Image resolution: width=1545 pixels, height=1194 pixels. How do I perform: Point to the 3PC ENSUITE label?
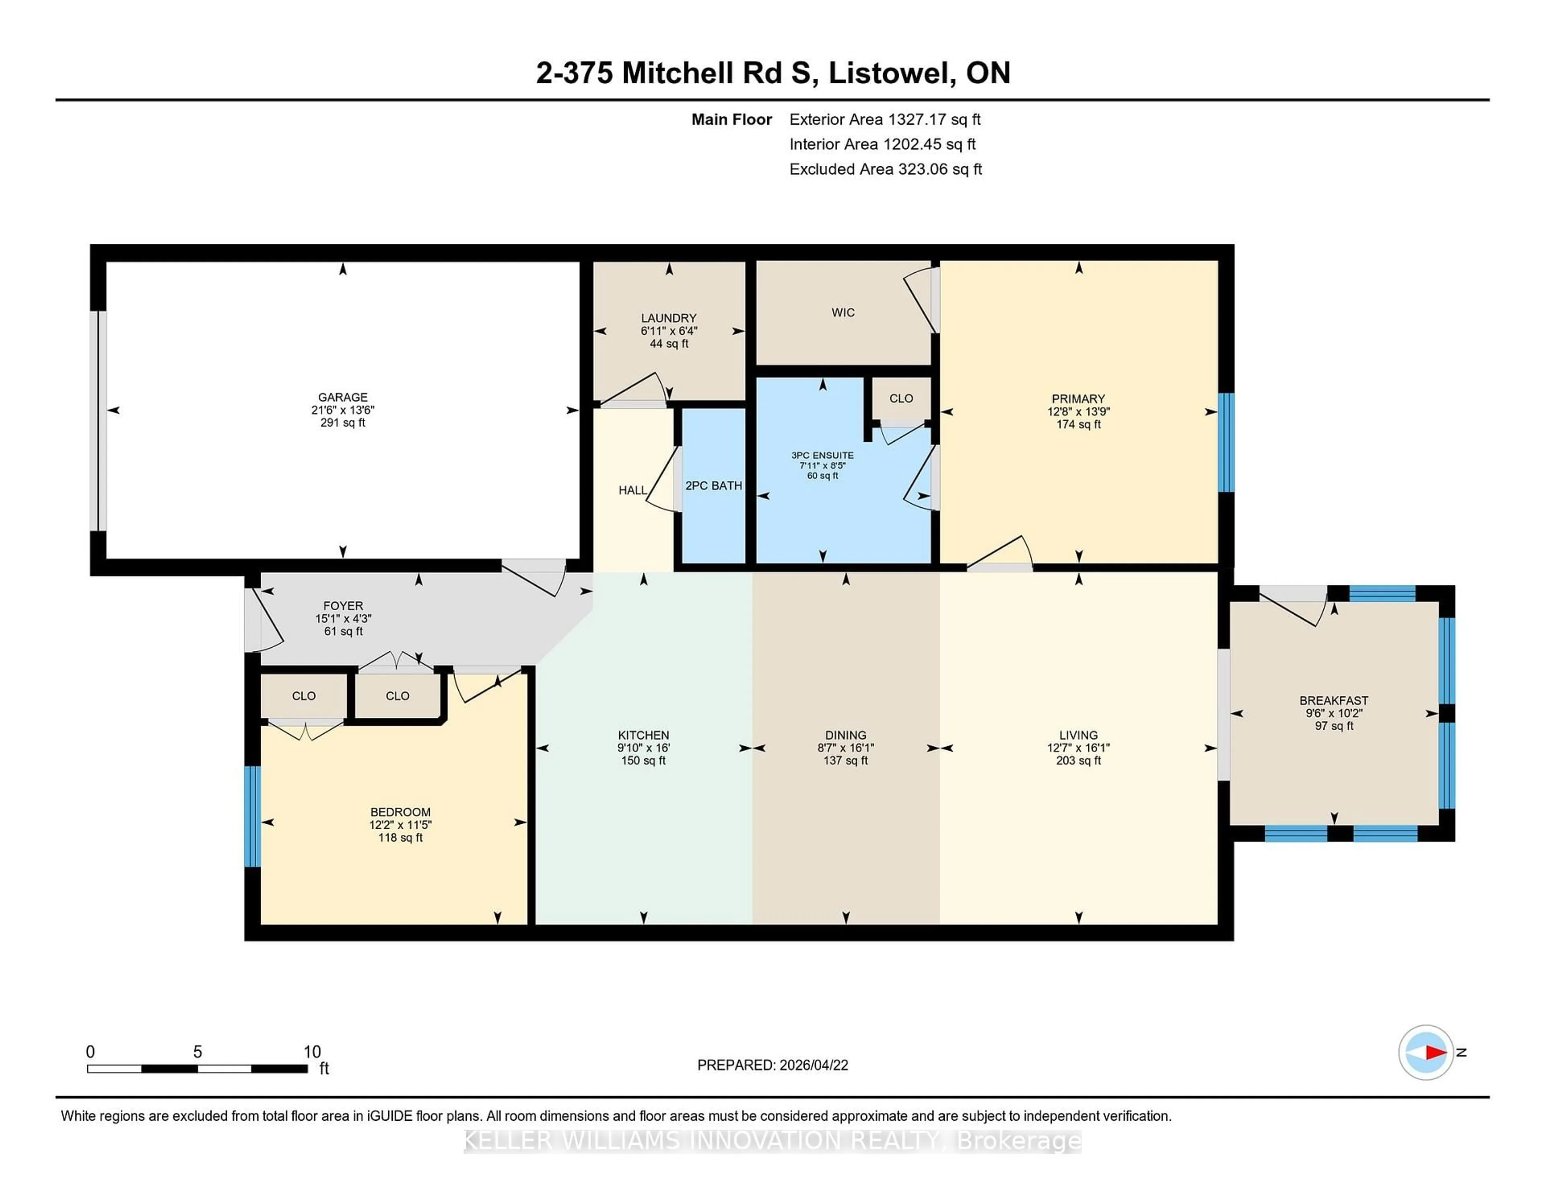pyautogui.click(x=822, y=455)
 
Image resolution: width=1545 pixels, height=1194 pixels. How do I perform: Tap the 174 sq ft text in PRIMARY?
pyautogui.click(x=1078, y=424)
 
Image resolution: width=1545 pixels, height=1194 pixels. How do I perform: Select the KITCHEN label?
pyautogui.click(x=643, y=735)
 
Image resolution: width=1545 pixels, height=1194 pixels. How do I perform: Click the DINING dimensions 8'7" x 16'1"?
pyautogui.click(x=845, y=748)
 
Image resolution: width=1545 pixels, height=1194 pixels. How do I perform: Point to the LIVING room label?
pyautogui.click(x=1078, y=735)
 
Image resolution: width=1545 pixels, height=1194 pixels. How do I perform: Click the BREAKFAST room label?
pyautogui.click(x=1333, y=700)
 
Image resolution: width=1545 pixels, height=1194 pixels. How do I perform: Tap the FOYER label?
pyautogui.click(x=343, y=605)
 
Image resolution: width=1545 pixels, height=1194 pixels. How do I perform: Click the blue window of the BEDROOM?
pyautogui.click(x=252, y=816)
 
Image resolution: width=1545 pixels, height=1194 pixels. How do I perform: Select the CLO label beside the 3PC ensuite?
pyautogui.click(x=900, y=398)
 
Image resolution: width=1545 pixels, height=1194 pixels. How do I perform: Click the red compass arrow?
pyautogui.click(x=1435, y=1052)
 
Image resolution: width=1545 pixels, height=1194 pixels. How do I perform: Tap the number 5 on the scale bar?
pyautogui.click(x=198, y=1052)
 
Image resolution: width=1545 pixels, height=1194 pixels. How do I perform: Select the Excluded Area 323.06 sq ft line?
pyautogui.click(x=885, y=169)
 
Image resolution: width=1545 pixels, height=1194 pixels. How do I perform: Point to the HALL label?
pyautogui.click(x=632, y=490)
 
